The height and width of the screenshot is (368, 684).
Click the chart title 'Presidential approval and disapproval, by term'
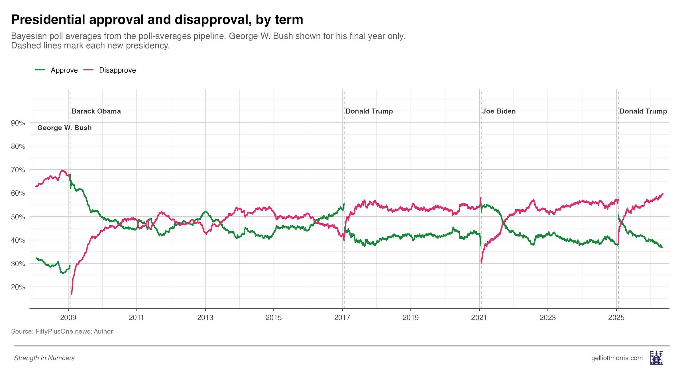[157, 20]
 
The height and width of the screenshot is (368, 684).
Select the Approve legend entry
[56, 70]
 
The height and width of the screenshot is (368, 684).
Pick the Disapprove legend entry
[110, 70]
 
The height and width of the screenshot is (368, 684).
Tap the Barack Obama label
[96, 111]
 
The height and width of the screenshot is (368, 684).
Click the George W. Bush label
[64, 128]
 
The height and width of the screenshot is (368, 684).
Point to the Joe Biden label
[499, 111]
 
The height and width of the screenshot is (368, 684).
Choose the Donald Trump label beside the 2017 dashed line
[369, 111]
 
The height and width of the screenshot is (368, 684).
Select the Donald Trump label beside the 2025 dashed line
[643, 111]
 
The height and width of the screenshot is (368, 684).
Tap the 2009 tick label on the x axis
[68, 318]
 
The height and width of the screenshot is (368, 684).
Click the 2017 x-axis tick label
[342, 318]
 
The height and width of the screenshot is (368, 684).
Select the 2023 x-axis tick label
[548, 318]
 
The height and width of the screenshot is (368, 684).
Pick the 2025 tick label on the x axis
[616, 318]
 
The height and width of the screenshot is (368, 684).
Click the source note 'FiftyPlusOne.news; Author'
[74, 332]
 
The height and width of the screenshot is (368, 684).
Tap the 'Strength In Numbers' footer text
[44, 358]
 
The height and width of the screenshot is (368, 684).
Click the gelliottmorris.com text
[617, 358]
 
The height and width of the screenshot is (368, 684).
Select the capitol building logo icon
[656, 357]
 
